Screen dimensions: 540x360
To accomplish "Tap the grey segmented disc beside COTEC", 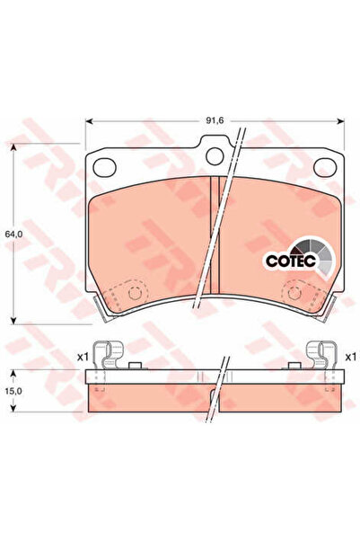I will click(311, 253).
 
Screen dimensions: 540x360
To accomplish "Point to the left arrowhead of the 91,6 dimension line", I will click(89, 122).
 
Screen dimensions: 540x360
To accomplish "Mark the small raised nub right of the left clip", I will click(134, 365).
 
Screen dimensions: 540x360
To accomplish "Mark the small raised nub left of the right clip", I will click(294, 365).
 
